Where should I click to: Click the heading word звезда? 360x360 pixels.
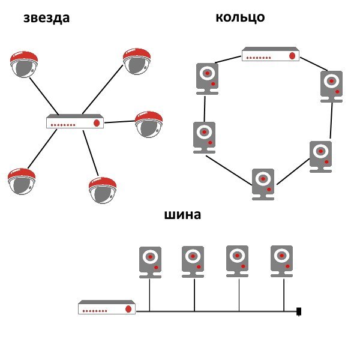46,18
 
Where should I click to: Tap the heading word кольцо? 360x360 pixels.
240,17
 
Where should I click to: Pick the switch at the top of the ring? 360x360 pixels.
271,55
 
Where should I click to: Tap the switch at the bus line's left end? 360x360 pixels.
107,308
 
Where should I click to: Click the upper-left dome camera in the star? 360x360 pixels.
24,64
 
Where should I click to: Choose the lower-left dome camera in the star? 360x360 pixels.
22,181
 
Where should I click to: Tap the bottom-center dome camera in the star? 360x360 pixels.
102,190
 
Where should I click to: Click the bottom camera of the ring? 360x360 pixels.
263,184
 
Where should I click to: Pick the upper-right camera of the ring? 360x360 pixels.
331,86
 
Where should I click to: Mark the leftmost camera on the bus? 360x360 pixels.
151,262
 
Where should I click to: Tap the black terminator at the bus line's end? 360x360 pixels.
298,311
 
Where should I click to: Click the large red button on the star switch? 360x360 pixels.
96,122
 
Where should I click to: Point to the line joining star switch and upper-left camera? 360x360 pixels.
44,94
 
